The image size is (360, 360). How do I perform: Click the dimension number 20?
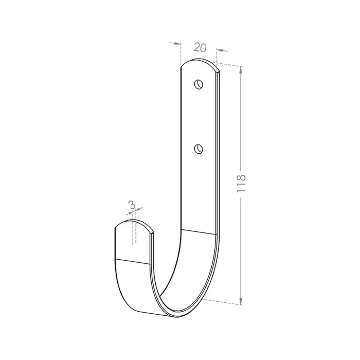point(200,47)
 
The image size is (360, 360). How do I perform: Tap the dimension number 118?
point(241,184)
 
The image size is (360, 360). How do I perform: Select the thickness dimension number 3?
point(132,205)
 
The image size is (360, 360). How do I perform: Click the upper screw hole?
point(199,84)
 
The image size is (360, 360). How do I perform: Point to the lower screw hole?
point(199,149)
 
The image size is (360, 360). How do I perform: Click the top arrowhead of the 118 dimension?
point(241,69)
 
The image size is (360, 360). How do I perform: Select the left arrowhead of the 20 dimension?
point(178,43)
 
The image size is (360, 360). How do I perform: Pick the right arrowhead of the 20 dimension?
point(220,50)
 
